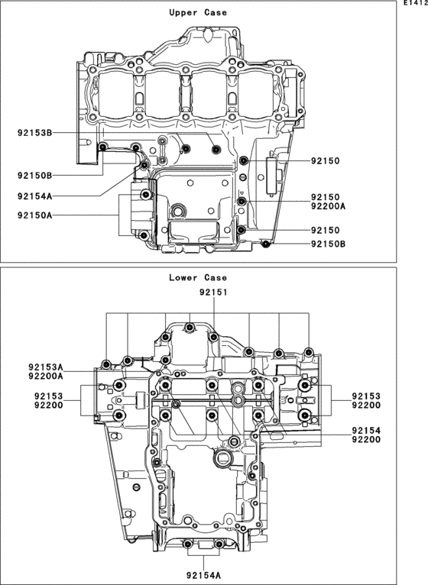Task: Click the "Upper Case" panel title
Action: tap(197, 13)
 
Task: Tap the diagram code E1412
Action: tap(413, 4)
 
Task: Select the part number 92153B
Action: tap(34, 134)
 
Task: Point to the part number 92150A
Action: tap(34, 216)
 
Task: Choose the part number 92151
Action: tap(213, 292)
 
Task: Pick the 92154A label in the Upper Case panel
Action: tap(34, 196)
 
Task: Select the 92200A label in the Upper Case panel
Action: tap(329, 206)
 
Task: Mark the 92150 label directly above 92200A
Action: tap(325, 197)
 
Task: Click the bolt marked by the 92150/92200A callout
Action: tap(242, 202)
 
